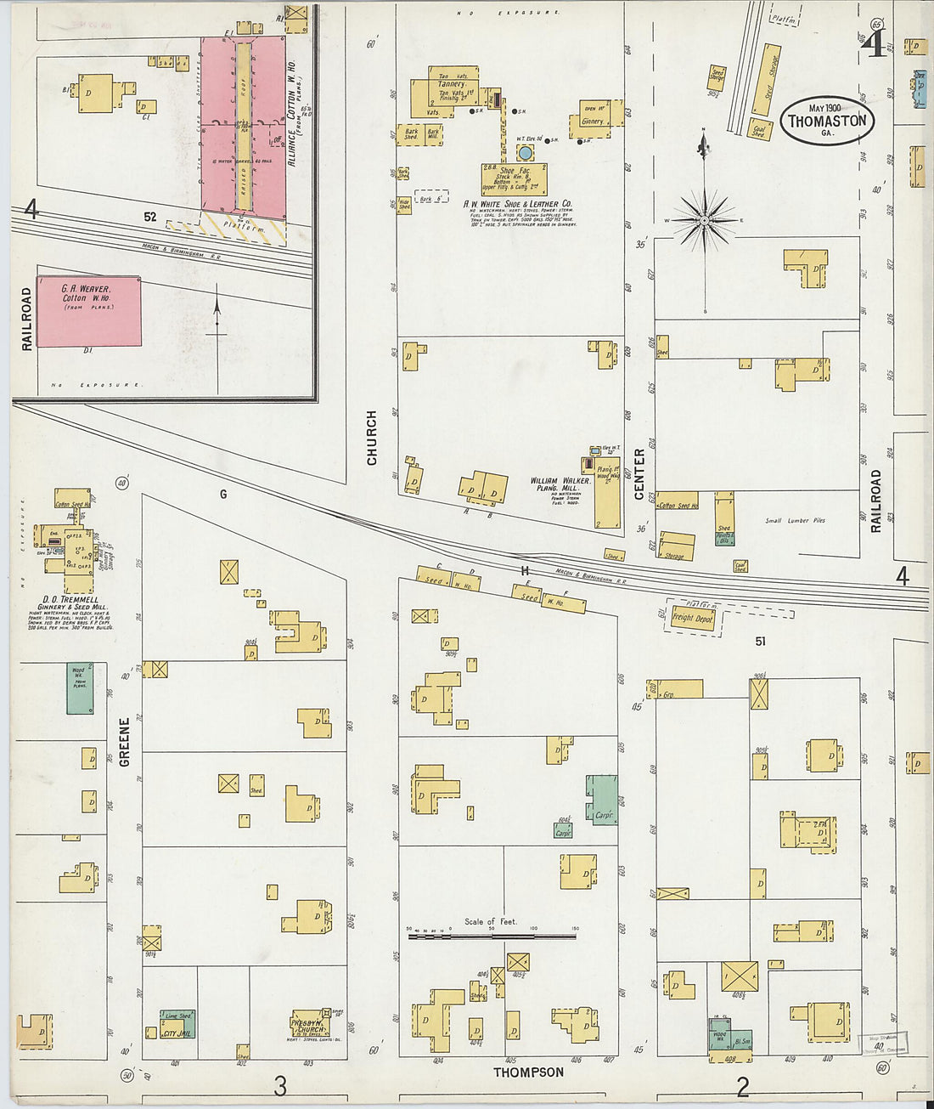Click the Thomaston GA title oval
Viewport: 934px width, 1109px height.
[827, 120]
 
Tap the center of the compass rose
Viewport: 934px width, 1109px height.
[704, 221]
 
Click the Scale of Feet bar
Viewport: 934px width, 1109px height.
[492, 936]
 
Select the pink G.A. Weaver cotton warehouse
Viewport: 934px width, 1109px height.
[89, 311]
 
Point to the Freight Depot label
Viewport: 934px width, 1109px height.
[693, 618]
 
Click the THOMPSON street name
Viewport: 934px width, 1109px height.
[529, 1072]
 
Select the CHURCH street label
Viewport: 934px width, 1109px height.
[371, 438]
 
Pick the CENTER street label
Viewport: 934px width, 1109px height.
[639, 473]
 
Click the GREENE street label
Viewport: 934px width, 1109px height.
[125, 742]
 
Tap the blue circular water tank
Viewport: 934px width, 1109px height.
[526, 153]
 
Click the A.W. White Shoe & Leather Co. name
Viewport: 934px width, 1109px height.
[517, 204]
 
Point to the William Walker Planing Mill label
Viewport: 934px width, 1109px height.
[560, 484]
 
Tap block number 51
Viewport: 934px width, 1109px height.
[760, 642]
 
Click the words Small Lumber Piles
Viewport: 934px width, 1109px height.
[795, 521]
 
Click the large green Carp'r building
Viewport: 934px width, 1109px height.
[603, 797]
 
